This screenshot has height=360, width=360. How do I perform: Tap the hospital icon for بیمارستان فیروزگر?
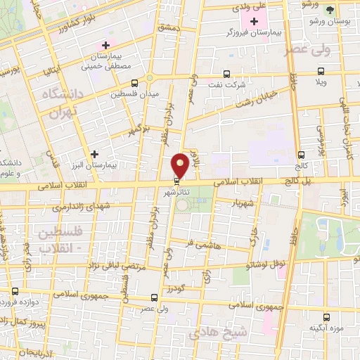[x=254, y=22]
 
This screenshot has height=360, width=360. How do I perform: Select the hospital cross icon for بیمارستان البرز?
[x=95, y=153]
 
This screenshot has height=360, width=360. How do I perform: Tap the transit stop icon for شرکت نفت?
[x=226, y=74]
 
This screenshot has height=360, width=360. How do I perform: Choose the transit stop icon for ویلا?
[x=321, y=70]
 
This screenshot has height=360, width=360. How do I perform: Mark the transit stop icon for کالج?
[x=301, y=154]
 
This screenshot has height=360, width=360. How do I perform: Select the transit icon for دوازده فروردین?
[x=15, y=290]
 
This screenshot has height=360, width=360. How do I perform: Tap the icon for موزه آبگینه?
[x=326, y=317]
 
